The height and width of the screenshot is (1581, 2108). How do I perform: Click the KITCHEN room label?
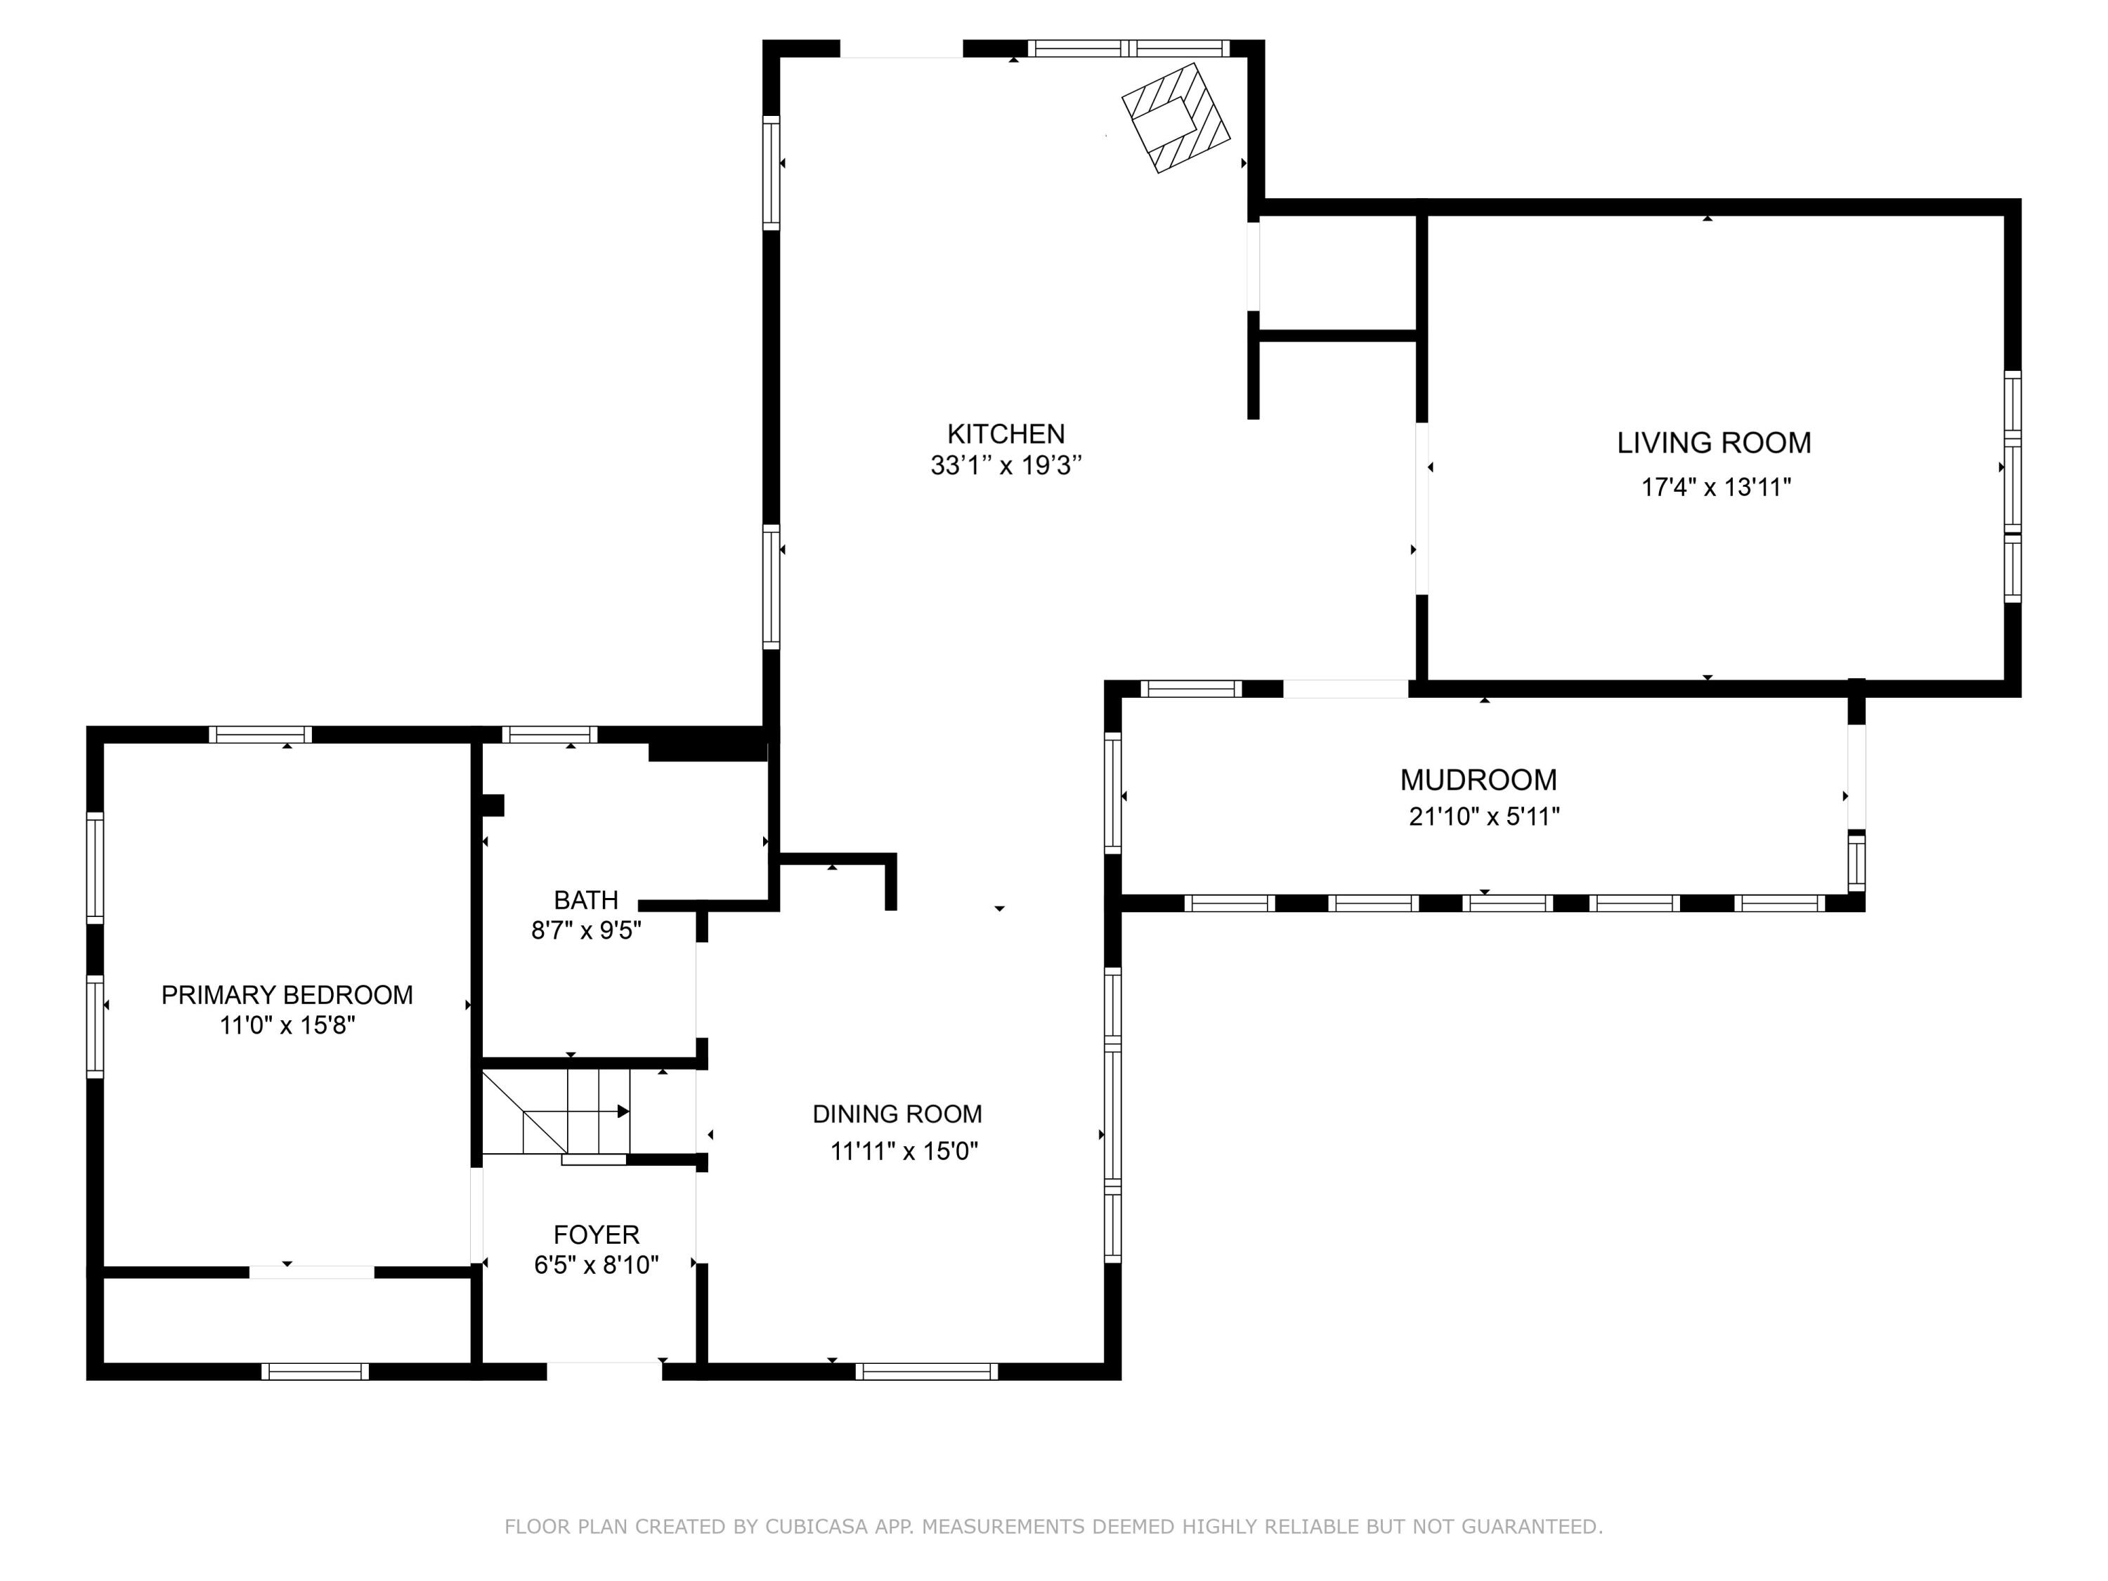tap(1006, 434)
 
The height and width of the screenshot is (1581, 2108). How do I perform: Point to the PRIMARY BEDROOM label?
tap(287, 995)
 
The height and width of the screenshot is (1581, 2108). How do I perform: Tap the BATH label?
tap(586, 899)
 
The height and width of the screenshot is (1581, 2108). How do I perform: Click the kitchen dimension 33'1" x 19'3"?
tap(1006, 465)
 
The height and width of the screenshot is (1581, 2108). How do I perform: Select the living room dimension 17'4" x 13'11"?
tap(1715, 487)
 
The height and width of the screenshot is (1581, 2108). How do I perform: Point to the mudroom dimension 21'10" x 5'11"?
tap(1484, 816)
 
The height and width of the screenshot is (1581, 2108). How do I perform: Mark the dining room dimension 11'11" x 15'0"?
tap(904, 1151)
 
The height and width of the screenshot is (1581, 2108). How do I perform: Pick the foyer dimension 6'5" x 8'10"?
tap(597, 1265)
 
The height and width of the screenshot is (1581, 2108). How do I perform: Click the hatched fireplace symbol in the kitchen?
tap(1176, 118)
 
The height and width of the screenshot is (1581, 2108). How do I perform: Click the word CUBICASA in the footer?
tap(816, 1527)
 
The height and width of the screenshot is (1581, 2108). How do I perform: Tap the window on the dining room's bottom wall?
tap(926, 1372)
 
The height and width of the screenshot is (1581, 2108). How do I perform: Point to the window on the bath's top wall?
tap(550, 735)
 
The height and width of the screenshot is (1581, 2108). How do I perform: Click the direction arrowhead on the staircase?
tap(623, 1111)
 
